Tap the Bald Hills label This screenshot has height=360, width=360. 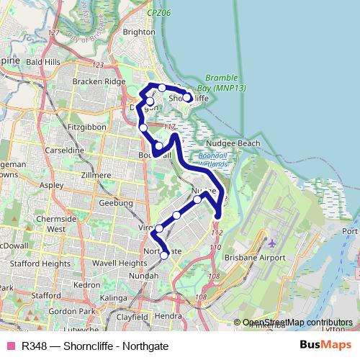point(43,63)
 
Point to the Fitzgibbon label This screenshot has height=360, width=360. point(86,127)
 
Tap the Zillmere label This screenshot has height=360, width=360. point(96,174)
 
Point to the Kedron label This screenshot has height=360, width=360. point(86,284)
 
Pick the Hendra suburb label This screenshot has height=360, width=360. point(168,315)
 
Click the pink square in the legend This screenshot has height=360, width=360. point(11,345)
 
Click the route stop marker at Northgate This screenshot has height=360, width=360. point(164,254)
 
